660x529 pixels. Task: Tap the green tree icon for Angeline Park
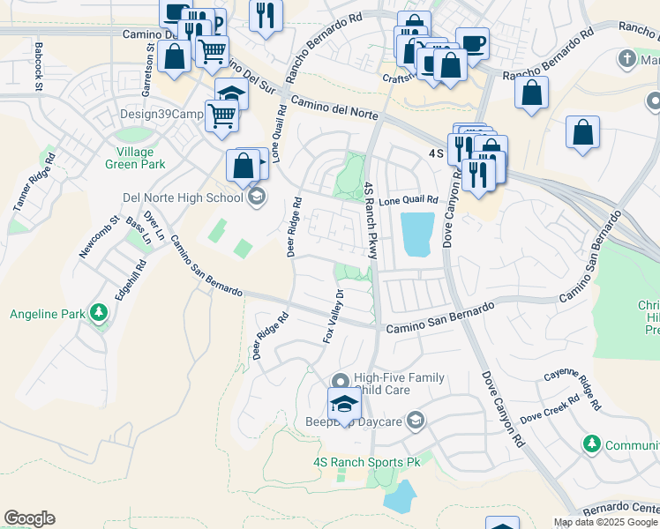click(99, 313)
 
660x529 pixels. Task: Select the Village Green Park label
click(135, 157)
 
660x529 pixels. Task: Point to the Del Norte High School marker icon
click(257, 196)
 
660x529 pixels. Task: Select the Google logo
click(30, 519)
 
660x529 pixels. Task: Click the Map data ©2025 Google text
click(606, 522)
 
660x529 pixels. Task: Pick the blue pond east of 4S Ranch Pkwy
click(418, 235)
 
